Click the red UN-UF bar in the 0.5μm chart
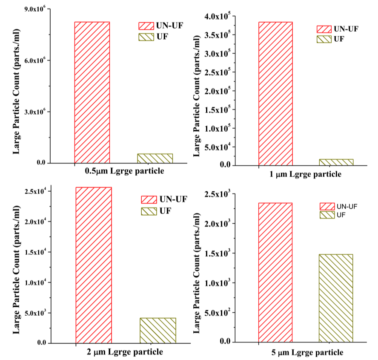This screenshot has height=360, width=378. tap(92, 92)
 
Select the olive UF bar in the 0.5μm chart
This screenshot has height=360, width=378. tap(155, 158)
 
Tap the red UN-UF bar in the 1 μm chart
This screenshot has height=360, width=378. tap(275, 94)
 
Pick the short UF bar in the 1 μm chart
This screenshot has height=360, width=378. tap(336, 162)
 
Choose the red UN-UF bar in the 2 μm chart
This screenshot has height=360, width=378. tap(93, 265)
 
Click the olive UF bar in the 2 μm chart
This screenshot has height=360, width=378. tap(158, 330)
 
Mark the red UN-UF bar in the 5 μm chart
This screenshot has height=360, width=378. tap(275, 272)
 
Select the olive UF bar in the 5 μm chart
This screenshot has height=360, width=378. tap(336, 298)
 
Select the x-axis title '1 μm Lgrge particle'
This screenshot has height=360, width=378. tap(306, 174)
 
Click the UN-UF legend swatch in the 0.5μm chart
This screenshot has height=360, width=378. tap(146, 26)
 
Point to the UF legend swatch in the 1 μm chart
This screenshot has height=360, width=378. tap(324, 39)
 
